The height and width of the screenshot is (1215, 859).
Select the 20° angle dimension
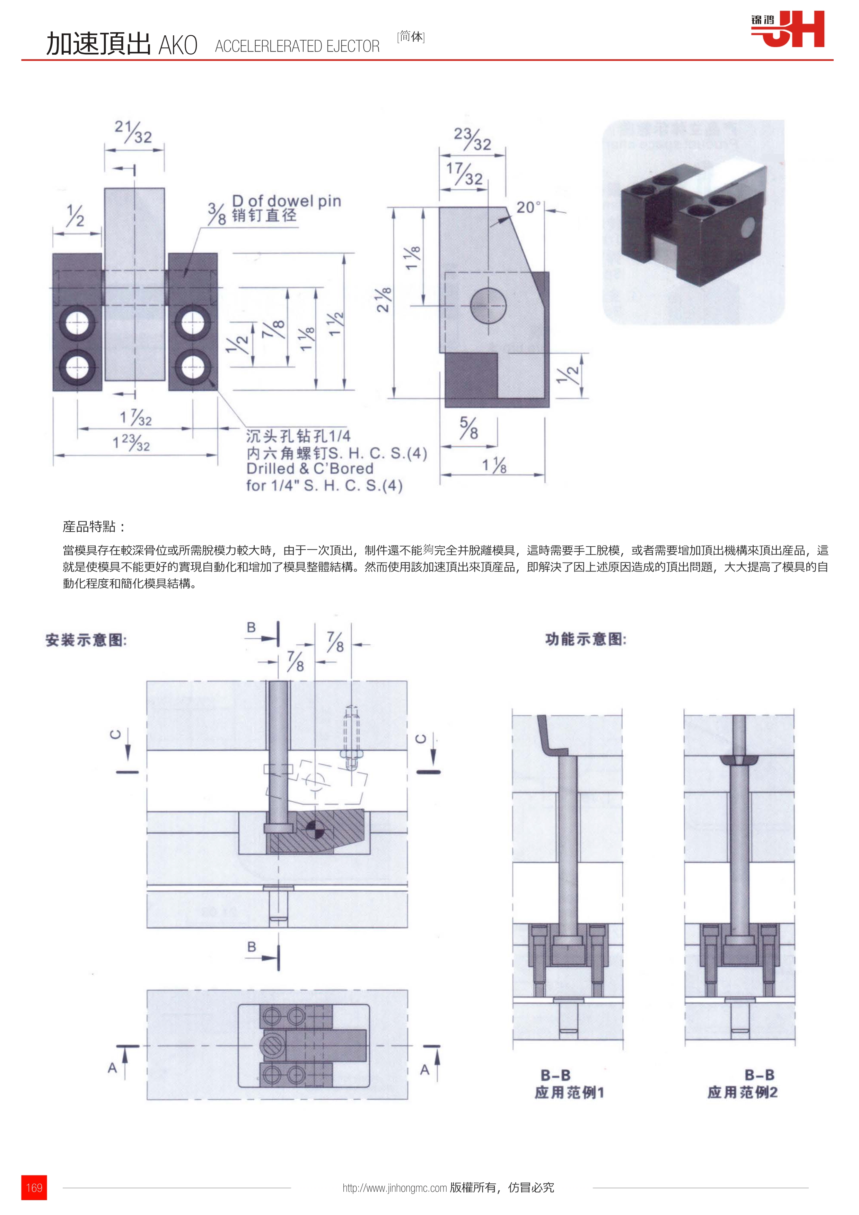528,207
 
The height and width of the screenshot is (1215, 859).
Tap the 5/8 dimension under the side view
468,428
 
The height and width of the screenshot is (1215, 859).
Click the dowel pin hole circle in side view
488,305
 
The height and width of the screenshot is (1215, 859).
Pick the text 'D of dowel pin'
286,201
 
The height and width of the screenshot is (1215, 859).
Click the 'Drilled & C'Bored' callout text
310,469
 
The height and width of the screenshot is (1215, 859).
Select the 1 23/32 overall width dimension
131,442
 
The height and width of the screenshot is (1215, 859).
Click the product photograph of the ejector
693,222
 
